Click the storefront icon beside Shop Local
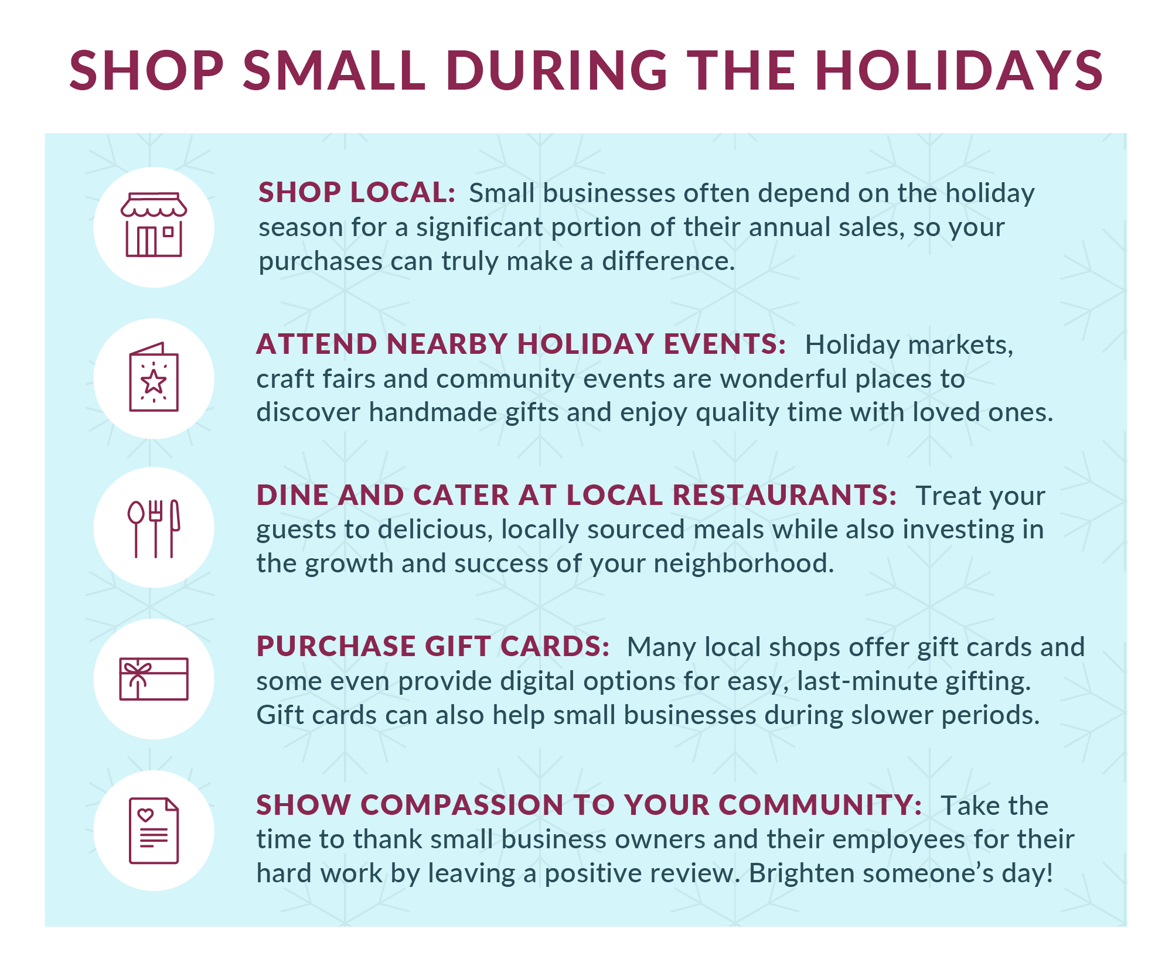[x=154, y=225]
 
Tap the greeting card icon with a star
[x=154, y=377]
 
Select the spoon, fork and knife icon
[x=154, y=528]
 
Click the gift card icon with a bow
[x=154, y=679]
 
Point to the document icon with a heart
[x=154, y=831]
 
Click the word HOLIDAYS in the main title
[x=959, y=71]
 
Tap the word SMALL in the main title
[x=334, y=71]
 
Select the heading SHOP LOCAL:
[x=357, y=193]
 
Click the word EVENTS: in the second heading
[x=724, y=344]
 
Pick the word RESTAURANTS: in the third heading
[x=784, y=495]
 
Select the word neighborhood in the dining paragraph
[x=744, y=564]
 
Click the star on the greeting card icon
[x=154, y=382]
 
